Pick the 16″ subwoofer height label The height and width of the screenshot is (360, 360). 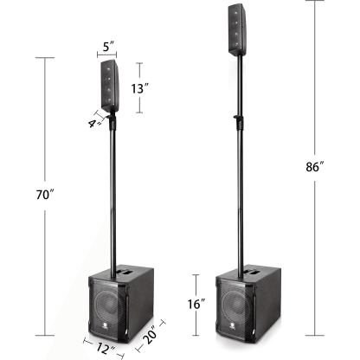197,305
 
